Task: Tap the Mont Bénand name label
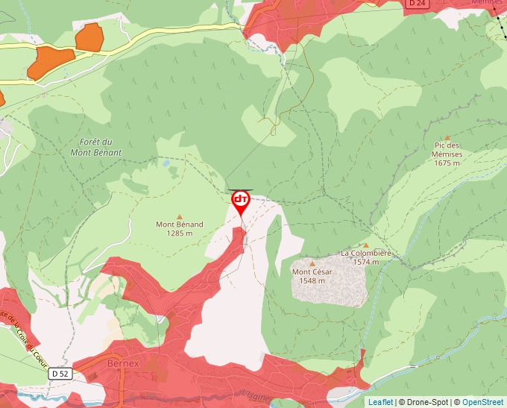(x=179, y=224)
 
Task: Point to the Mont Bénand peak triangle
(x=179, y=216)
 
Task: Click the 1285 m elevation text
(x=179, y=233)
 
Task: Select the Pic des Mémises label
(x=447, y=150)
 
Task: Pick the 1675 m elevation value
(x=447, y=163)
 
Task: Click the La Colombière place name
(x=366, y=253)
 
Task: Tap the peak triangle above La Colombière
(x=366, y=245)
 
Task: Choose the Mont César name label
(x=312, y=272)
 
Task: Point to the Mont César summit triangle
(x=312, y=263)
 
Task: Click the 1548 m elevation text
(x=312, y=280)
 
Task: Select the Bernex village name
(x=124, y=363)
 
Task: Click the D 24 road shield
(x=417, y=3)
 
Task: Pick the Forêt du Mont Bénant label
(x=95, y=147)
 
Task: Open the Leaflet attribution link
(x=380, y=402)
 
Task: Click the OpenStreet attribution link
(x=482, y=402)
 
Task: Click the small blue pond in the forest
(x=166, y=162)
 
